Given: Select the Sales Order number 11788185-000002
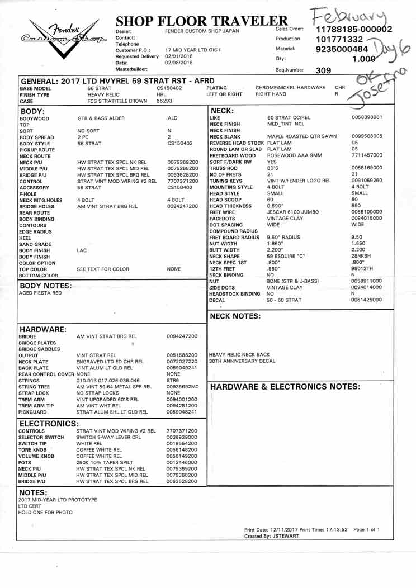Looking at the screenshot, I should pos(354,29).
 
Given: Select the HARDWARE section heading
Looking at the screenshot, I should pos(44,329).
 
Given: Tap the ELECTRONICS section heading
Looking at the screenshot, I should pos(49,423).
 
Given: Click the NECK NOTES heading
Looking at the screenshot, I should pos(235,316).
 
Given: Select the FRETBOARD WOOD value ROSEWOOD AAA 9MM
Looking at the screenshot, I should pos(295,155).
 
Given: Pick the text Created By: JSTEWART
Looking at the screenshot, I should pos(272,536).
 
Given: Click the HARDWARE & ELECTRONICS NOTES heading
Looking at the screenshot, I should pos(284,386).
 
